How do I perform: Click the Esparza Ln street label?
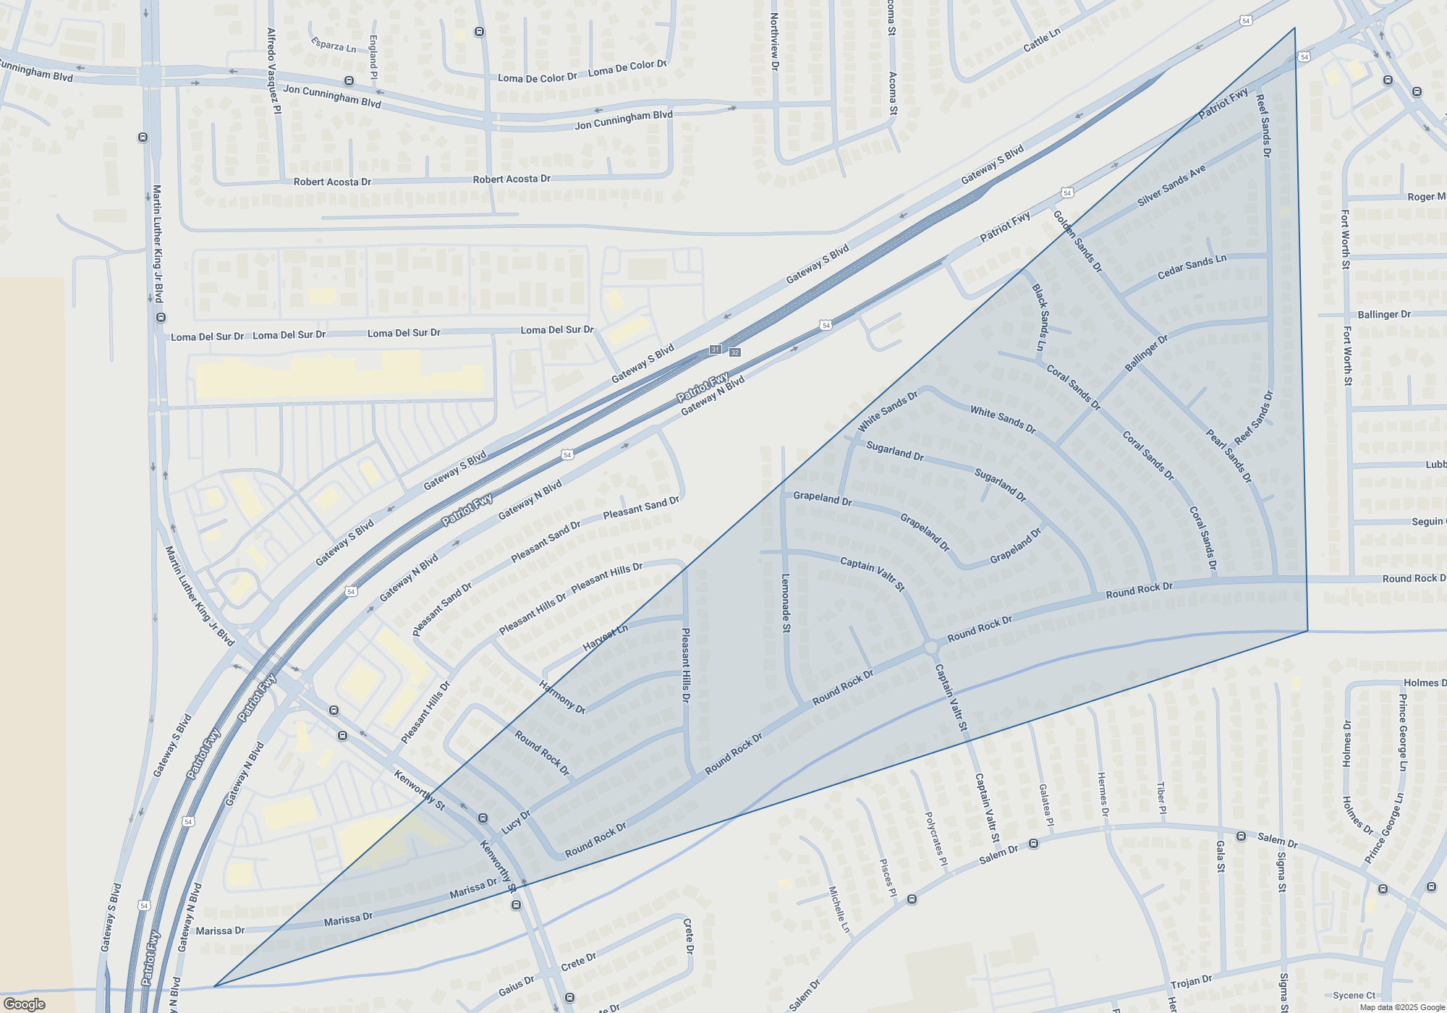pyautogui.click(x=334, y=45)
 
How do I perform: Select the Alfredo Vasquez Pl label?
pyautogui.click(x=273, y=70)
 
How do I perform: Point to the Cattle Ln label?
pyautogui.click(x=1042, y=40)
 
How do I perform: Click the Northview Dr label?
pyautogui.click(x=774, y=41)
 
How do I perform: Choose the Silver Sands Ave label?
pyautogui.click(x=1171, y=185)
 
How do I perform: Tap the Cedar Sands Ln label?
pyautogui.click(x=1192, y=266)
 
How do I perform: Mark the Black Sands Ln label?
pyautogui.click(x=1040, y=317)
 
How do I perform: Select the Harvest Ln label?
pyautogui.click(x=605, y=637)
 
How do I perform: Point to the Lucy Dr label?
pyautogui.click(x=516, y=821)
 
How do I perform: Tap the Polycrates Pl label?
pyautogui.click(x=935, y=839)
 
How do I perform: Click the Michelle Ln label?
pyautogui.click(x=839, y=909)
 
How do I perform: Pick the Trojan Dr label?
pyautogui.click(x=1191, y=983)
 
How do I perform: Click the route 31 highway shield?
pyautogui.click(x=715, y=349)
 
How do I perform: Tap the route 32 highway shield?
pyautogui.click(x=735, y=352)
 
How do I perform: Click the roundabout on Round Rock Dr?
pyautogui.click(x=931, y=647)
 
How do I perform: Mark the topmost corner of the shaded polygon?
pyautogui.click(x=1294, y=28)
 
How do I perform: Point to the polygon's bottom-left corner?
pyautogui.click(x=214, y=986)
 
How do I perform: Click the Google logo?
pyautogui.click(x=25, y=1004)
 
